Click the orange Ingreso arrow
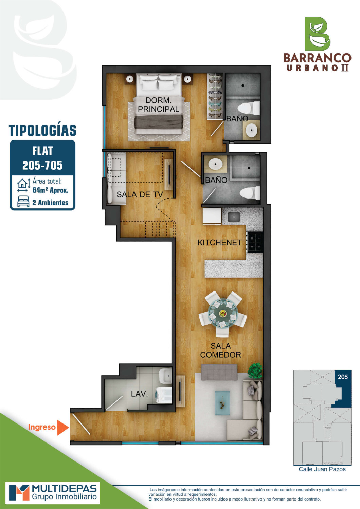pyautogui.click(x=62, y=428)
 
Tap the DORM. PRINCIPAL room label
pyautogui.click(x=159, y=105)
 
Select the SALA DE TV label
pyautogui.click(x=140, y=194)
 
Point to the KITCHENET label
pyautogui.click(x=219, y=243)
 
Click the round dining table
pyautogui.click(x=223, y=314)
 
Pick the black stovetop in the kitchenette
pyautogui.click(x=255, y=242)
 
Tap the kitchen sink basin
pyautogui.click(x=233, y=217)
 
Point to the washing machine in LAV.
pyautogui.click(x=164, y=395)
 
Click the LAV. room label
pyautogui.click(x=139, y=394)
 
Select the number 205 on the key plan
pyautogui.click(x=343, y=377)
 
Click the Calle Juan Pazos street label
pyautogui.click(x=322, y=469)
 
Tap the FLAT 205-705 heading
pyautogui.click(x=42, y=158)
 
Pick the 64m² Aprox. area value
pyautogui.click(x=50, y=190)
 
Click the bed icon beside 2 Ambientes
pyautogui.click(x=23, y=201)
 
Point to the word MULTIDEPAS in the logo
pyautogui.click(x=65, y=489)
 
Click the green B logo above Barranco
pyautogui.click(x=317, y=34)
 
